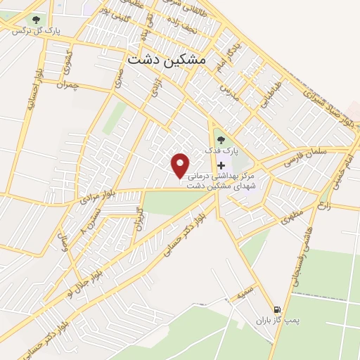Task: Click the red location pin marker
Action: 181,165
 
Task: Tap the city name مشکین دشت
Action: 167,60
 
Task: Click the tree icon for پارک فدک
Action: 221,139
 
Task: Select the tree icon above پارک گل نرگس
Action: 35,19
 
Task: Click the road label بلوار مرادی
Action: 94,200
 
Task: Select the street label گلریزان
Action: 140,220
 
